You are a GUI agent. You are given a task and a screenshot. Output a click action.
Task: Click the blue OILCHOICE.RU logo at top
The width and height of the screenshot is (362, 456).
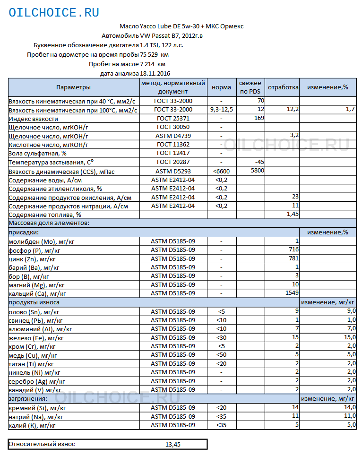pyautogui.click(x=54, y=13)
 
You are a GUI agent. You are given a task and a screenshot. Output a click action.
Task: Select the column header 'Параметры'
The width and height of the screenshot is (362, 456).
pyautogui.click(x=73, y=87)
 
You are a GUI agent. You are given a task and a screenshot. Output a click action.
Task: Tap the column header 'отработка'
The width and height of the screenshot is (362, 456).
pyautogui.click(x=283, y=87)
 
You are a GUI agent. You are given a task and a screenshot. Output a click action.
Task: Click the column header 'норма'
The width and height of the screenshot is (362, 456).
pyautogui.click(x=221, y=87)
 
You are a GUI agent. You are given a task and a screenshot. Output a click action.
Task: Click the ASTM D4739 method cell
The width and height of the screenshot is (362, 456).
pyautogui.click(x=173, y=136)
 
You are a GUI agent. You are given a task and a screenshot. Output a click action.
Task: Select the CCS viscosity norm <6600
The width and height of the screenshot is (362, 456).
pyautogui.click(x=221, y=171)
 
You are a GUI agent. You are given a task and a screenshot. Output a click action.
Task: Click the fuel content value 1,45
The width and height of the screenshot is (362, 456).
pyautogui.click(x=293, y=215)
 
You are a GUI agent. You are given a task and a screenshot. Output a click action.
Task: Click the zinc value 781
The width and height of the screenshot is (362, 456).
pyautogui.click(x=293, y=258)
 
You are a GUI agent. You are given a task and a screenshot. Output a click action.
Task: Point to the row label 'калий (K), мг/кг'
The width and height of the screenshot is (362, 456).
pyautogui.click(x=33, y=425)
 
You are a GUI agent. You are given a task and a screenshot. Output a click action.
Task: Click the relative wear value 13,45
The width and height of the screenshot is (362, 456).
pyautogui.click(x=172, y=445)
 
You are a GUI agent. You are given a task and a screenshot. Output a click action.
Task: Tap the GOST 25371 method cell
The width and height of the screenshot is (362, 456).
pyautogui.click(x=173, y=119)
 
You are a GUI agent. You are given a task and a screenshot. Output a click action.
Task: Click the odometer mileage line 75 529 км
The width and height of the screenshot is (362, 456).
pyautogui.click(x=98, y=55)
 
